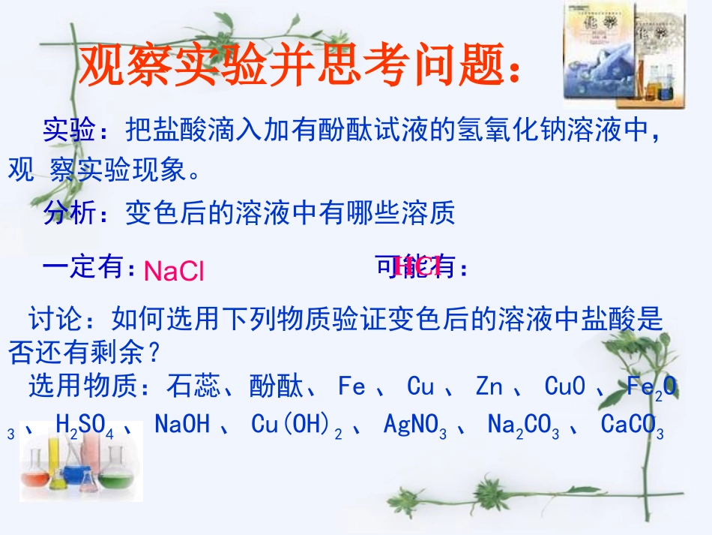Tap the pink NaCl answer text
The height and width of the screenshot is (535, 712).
(174, 271)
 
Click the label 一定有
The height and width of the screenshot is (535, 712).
(86, 266)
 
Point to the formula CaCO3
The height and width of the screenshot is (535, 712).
(632, 425)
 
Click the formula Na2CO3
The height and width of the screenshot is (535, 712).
(522, 425)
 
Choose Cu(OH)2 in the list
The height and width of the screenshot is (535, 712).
(297, 425)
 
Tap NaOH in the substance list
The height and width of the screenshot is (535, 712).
(181, 425)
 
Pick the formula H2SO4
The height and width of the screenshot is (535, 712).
(84, 425)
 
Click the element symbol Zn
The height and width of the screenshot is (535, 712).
(489, 387)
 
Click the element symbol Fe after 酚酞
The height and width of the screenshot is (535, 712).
(352, 387)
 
